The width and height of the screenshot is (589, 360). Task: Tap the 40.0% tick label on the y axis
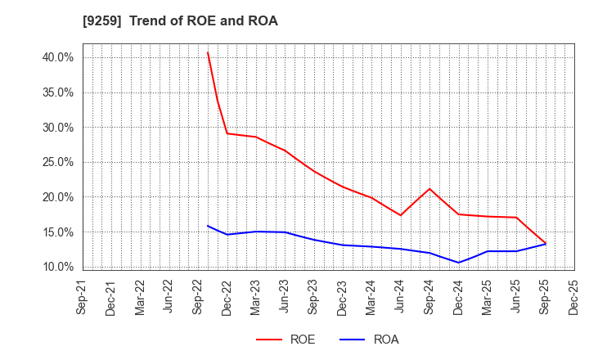(58, 57)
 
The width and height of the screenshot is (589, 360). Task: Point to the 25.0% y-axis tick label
(58, 162)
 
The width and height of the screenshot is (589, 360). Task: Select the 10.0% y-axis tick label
(58, 267)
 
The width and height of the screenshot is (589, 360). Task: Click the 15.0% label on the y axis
(58, 232)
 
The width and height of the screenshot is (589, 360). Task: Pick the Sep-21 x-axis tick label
(83, 297)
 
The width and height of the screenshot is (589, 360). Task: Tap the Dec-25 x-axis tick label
(574, 297)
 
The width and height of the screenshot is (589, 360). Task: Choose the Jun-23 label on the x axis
(285, 297)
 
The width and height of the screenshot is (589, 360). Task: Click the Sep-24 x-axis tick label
(429, 297)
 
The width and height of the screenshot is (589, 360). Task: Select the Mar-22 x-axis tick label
(140, 297)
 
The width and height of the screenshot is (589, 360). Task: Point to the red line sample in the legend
(268, 340)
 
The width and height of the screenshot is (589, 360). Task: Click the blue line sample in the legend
(352, 340)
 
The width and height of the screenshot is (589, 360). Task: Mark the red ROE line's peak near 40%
(208, 52)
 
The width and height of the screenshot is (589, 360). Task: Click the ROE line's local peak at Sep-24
(429, 189)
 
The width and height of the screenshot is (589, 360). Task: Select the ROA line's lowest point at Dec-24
(459, 263)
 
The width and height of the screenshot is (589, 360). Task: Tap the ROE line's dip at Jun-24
(401, 215)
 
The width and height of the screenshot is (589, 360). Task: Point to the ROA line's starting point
(208, 226)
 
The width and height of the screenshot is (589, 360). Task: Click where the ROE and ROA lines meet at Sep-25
(546, 244)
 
